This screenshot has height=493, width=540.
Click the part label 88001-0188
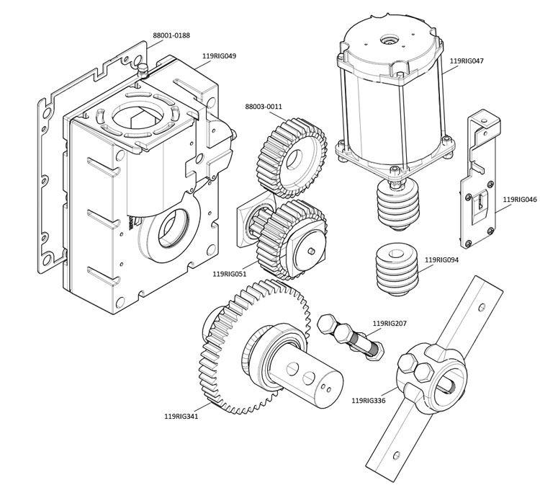pos(171,35)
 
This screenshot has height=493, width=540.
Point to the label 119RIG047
pos(467,61)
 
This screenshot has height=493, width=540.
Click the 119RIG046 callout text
pos(520,199)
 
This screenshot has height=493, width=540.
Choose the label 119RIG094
pos(442,259)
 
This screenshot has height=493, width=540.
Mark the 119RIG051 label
pos(230,274)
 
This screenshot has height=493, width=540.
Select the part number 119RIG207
pos(390,324)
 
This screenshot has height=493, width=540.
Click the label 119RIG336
pos(369,400)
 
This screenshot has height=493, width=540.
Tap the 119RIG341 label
pos(181,416)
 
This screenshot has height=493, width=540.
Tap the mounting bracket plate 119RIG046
pos(478,195)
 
